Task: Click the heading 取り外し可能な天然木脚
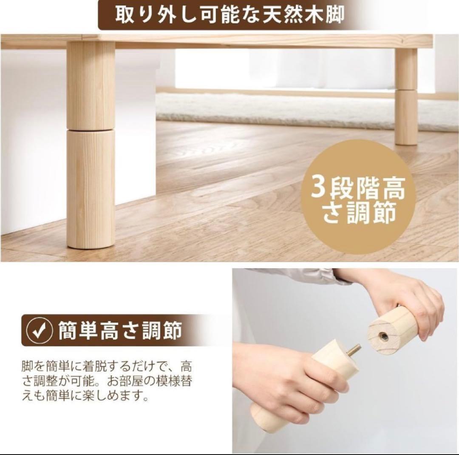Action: [x=229, y=15]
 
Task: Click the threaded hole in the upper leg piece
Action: [x=382, y=336]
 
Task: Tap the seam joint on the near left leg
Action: [x=91, y=129]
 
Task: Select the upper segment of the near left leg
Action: [x=91, y=85]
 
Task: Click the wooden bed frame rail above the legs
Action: [x=255, y=40]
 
